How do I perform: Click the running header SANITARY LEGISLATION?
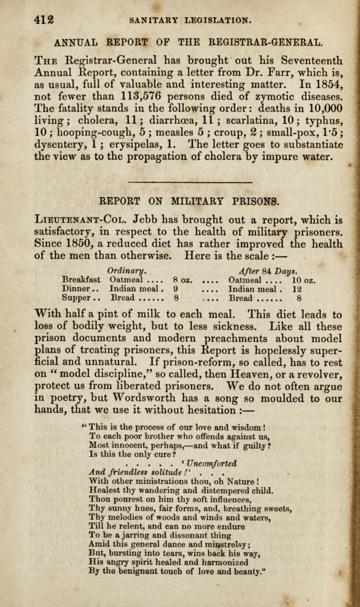190,20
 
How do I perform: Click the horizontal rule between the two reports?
190,182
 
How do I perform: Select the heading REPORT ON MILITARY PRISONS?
189,201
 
